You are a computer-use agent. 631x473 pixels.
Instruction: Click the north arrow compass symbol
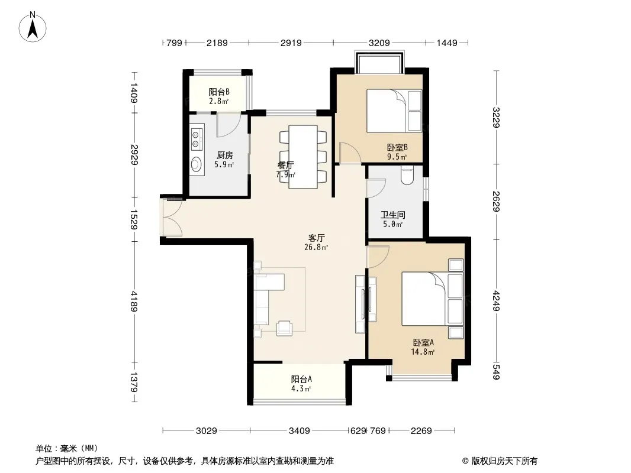tap(33, 27)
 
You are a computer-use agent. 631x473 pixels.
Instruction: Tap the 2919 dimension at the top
tap(291, 43)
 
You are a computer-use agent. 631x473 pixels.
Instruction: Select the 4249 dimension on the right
tap(496, 300)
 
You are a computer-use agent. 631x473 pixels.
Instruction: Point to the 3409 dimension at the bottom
tap(300, 431)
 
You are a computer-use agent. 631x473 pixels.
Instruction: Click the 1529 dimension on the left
tap(134, 219)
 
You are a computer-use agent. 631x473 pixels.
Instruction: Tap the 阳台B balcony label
tap(219, 92)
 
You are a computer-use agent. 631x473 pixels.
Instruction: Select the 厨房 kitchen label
tap(224, 155)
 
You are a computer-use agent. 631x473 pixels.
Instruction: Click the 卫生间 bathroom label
tap(393, 215)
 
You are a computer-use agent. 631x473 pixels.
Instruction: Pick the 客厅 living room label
tap(316, 238)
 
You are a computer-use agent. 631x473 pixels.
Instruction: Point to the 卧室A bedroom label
tap(423, 343)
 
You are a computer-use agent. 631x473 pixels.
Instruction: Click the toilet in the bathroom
tap(407, 176)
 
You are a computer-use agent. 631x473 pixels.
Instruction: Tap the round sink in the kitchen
tap(196, 164)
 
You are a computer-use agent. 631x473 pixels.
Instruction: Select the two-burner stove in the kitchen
tap(196, 138)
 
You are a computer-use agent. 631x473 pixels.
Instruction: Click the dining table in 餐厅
tap(303, 157)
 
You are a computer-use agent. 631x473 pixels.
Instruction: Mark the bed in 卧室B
tap(394, 111)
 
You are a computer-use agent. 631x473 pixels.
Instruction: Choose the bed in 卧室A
tap(433, 299)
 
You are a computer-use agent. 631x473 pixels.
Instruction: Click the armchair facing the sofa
tap(285, 328)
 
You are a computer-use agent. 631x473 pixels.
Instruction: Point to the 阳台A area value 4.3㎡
tap(301, 388)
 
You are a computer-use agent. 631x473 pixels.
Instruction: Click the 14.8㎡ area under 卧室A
tap(423, 352)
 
